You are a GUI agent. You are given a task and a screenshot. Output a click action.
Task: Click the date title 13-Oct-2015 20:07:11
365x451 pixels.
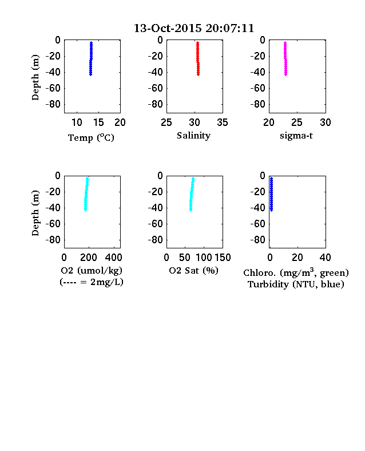point(194,28)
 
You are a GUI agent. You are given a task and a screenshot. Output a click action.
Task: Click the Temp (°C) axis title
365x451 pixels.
point(91,138)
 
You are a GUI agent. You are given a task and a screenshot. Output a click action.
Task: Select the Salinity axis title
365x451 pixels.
point(193,136)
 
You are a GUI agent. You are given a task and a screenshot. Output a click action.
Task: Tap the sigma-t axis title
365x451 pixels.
point(296,136)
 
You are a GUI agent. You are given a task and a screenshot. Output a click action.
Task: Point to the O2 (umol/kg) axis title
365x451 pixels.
point(92,271)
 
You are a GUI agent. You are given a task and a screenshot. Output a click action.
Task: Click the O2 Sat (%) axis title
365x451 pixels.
point(193,271)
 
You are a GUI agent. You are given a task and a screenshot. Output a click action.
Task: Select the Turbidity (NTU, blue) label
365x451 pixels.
point(296,284)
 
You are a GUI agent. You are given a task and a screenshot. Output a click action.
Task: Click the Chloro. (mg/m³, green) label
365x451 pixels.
point(296,272)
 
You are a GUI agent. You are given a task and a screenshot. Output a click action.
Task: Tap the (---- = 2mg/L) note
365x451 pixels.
point(92,282)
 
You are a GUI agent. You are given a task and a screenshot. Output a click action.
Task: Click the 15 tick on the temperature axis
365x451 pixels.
point(98,122)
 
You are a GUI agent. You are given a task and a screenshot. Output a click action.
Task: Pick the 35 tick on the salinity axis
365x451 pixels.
point(223,122)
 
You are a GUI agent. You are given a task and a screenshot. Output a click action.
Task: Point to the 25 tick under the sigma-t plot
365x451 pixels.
point(296,122)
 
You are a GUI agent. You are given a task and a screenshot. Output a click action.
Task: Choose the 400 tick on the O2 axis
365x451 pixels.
point(113,258)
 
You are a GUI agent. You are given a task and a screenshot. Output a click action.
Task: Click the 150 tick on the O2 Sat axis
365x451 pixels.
point(223,258)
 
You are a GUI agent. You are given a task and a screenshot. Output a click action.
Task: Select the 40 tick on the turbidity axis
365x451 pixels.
point(325,258)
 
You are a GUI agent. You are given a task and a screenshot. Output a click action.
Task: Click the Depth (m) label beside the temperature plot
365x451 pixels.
point(35,77)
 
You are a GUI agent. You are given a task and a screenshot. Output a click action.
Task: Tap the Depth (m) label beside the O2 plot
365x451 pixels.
point(35,213)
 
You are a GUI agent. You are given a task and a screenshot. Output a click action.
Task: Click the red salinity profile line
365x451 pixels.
point(198,59)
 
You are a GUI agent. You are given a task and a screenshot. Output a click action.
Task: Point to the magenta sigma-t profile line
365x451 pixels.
point(285,59)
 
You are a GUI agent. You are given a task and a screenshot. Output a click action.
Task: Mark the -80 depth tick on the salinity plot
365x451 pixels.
point(156,104)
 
